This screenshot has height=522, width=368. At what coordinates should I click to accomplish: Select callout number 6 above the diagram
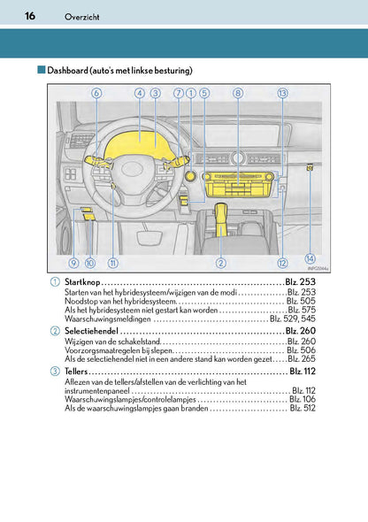pos(95,93)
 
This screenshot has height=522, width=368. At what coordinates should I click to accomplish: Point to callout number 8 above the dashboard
pos(237,93)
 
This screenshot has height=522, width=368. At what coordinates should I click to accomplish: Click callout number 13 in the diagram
pos(282,93)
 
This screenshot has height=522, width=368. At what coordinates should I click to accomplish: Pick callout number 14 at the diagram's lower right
pos(310,258)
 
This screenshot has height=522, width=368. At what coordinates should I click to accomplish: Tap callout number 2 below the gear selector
pos(220,263)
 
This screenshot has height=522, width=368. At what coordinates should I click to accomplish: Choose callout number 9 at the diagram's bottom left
pos(73,263)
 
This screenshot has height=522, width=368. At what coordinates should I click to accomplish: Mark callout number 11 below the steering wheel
pos(112,263)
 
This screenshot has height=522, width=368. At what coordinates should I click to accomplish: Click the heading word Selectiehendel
pos(92,330)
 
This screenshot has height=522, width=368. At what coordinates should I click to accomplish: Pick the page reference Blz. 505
pos(300,301)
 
